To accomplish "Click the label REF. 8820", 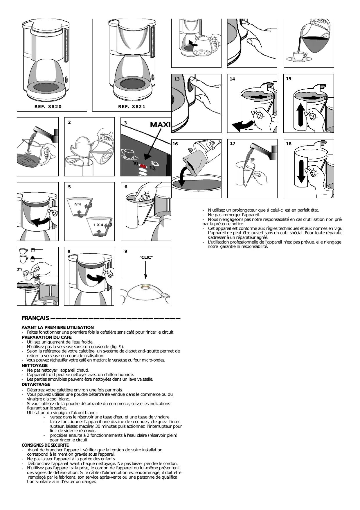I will (x=48, y=107).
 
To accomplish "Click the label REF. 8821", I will (x=132, y=107).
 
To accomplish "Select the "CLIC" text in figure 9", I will (x=146, y=257).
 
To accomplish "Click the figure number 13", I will (x=177, y=79).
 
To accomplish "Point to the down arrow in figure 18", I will (x=301, y=171).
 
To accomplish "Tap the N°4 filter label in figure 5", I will (x=78, y=204).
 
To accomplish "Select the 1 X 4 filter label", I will (x=98, y=225).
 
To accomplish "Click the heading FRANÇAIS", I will (x=35, y=318).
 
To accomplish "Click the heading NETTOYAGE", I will (x=35, y=366).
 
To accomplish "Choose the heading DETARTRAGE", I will (x=36, y=384).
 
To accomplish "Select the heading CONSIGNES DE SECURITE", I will (x=45, y=445).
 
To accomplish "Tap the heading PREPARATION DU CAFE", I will (x=46, y=337).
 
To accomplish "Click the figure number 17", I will (x=233, y=144).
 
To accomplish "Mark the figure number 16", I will (x=175, y=144).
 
